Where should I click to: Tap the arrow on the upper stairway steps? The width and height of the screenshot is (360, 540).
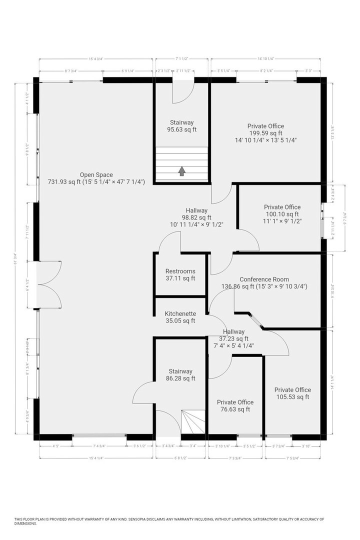(x=181, y=171)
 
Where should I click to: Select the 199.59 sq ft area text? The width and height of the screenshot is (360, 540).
(x=265, y=133)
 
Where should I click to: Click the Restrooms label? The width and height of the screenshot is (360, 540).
(x=180, y=271)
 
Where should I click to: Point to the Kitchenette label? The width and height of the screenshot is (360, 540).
(x=180, y=314)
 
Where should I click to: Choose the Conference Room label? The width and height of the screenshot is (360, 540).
(x=264, y=279)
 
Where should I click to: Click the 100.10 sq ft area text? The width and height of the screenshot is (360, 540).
(x=282, y=213)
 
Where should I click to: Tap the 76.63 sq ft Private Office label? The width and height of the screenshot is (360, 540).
(x=235, y=402)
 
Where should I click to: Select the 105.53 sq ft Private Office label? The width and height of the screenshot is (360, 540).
(x=292, y=390)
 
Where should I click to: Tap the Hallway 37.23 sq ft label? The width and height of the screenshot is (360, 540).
(x=233, y=331)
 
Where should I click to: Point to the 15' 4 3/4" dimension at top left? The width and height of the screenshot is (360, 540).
(x=96, y=59)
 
